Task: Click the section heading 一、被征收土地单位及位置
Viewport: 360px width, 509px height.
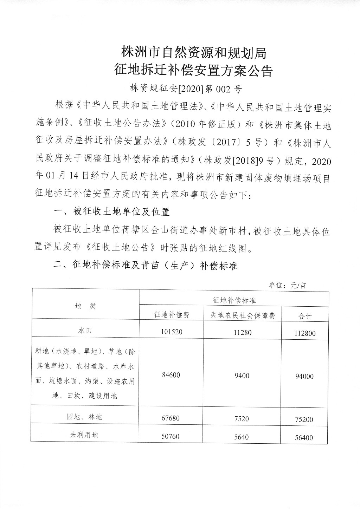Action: point(111,211)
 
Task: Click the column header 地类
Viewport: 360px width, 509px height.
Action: point(85,306)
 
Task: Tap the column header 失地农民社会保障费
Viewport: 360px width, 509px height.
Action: point(242,315)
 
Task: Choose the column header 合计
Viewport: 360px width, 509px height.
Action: point(305,316)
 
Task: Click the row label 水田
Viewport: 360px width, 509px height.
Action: point(85,331)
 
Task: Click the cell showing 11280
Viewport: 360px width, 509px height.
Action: point(242,332)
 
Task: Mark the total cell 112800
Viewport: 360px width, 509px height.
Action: point(305,333)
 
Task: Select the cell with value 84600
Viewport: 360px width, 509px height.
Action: point(171,375)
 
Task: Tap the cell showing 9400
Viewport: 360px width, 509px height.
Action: point(242,376)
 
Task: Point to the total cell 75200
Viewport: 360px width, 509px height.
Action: point(304,419)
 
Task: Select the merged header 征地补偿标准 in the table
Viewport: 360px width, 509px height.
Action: point(234,300)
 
